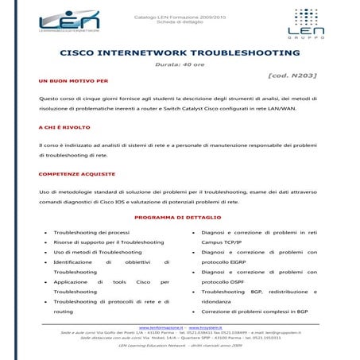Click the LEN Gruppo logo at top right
(308, 23)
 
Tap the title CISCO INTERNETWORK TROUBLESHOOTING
(180, 52)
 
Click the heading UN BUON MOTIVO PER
(73, 81)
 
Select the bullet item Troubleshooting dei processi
(91, 232)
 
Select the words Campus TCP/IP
(224, 242)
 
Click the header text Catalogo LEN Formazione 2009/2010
(180, 14)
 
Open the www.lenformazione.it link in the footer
(161, 327)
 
